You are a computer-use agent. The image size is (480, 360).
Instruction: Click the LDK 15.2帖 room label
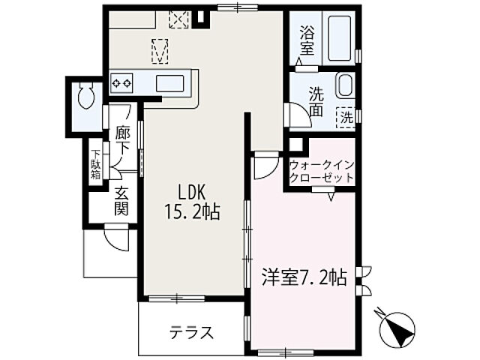pos(192,202)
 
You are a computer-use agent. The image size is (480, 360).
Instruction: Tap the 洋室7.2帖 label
pos(303,277)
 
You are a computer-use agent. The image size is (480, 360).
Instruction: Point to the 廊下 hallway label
pos(123,140)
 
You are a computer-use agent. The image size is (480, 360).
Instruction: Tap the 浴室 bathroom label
pos(307,40)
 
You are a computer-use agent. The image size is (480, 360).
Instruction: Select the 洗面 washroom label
pos(316,102)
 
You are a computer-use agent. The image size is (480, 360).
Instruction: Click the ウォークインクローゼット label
pos(321,170)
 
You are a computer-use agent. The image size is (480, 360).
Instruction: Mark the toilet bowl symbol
pos(84,97)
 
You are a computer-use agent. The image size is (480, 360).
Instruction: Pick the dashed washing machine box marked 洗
pos(346,117)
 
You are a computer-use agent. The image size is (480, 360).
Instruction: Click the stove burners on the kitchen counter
pos(121,81)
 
